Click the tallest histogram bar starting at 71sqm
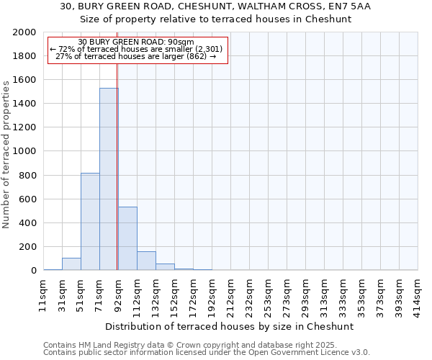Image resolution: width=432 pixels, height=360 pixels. pyautogui.click(x=109, y=179)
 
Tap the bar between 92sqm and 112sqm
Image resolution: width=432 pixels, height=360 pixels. pyautogui.click(x=127, y=238)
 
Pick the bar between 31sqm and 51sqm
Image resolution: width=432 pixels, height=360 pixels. pyautogui.click(x=71, y=264)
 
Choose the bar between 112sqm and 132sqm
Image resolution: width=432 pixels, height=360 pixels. pyautogui.click(x=146, y=261)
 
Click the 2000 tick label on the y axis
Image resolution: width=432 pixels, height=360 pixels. pyautogui.click(x=25, y=32)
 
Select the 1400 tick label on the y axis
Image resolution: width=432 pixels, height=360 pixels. pyautogui.click(x=25, y=104)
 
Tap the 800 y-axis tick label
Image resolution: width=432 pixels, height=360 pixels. pyautogui.click(x=28, y=175)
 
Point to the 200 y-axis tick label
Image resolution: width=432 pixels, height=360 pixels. pyautogui.click(x=28, y=247)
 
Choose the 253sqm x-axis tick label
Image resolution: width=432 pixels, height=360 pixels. pyautogui.click(x=268, y=294)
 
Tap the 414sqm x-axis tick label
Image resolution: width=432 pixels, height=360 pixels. pyautogui.click(x=418, y=294)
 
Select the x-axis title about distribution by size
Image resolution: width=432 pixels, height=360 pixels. pyautogui.click(x=230, y=326)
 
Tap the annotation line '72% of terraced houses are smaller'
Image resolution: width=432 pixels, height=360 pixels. pyautogui.click(x=136, y=49)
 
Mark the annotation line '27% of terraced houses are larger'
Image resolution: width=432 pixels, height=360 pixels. pyautogui.click(x=135, y=56)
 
